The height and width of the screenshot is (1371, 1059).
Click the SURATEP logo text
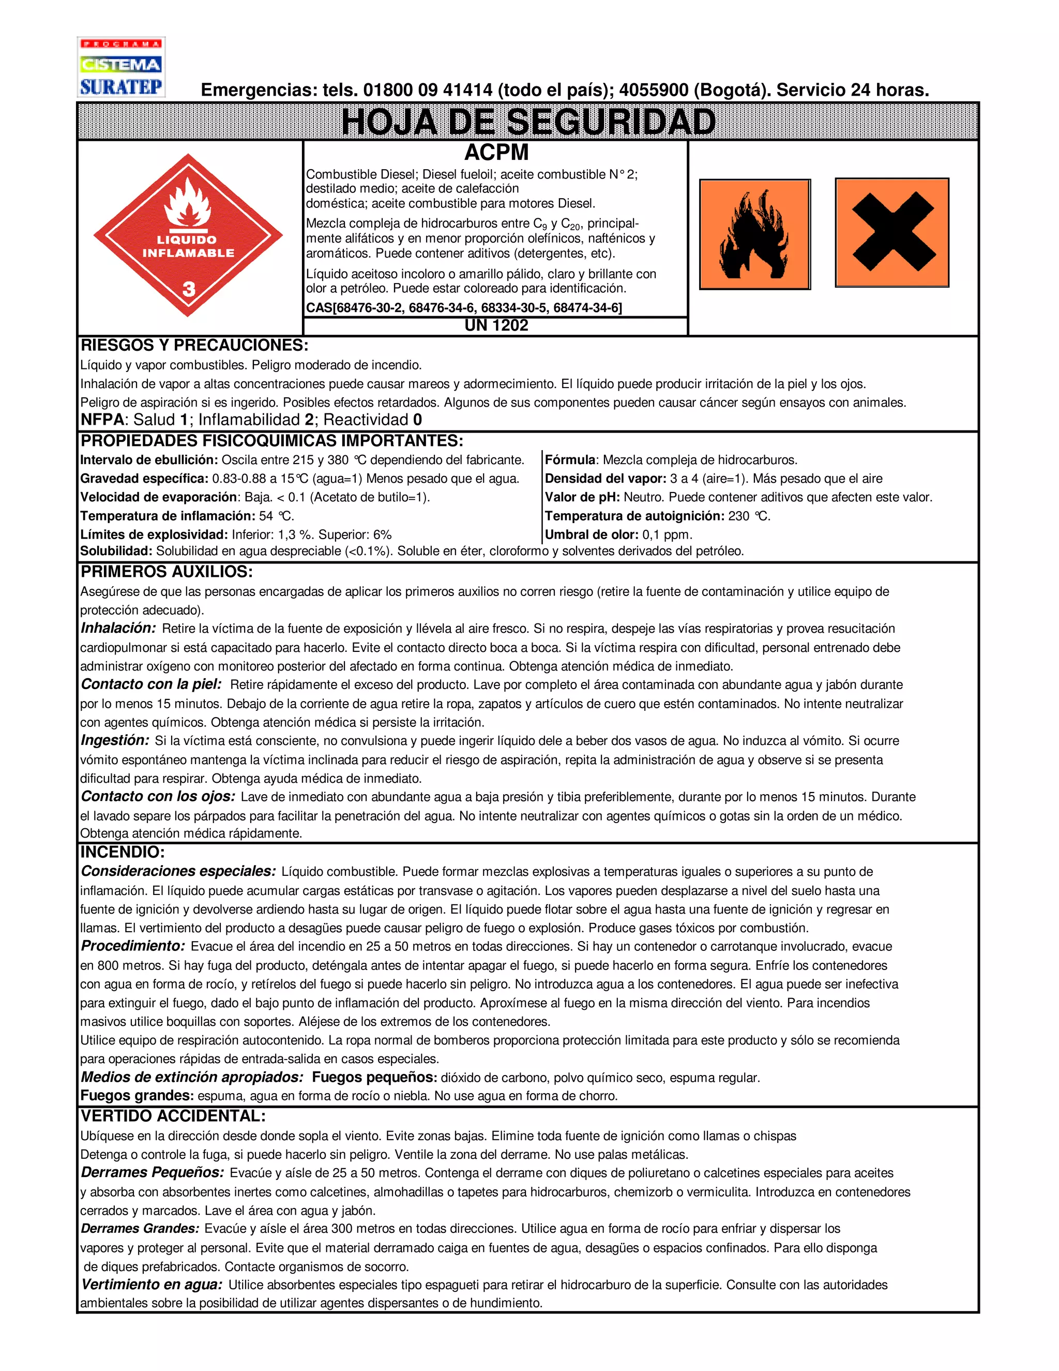pos(120,86)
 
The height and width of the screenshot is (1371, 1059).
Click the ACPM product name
pos(496,153)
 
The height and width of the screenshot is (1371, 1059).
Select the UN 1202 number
pos(496,325)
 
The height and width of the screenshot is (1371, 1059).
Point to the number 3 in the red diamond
pos(188,289)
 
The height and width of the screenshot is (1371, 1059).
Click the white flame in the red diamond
pos(187,202)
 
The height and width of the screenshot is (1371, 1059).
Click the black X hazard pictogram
pos(891,232)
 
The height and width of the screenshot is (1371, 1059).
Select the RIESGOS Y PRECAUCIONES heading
pos(194,345)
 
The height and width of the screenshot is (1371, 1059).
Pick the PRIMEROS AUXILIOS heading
pos(167,572)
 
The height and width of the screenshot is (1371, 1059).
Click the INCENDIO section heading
pos(123,852)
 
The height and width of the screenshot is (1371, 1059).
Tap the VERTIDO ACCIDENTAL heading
pos(173,1116)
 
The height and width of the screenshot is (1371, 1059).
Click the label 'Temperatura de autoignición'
pos(634,516)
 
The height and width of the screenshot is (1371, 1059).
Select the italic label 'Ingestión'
pos(115,741)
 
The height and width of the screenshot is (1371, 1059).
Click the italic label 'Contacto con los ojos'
pos(158,797)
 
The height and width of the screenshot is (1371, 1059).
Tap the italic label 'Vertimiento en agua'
pos(151,1285)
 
